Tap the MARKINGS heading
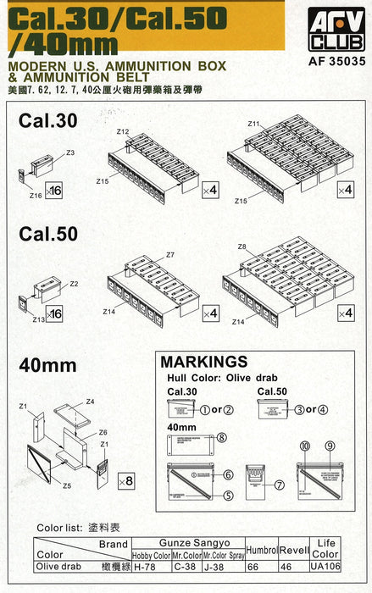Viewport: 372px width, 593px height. [x=204, y=362]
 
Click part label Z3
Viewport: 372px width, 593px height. [x=70, y=152]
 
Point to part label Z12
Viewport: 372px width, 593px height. [x=123, y=132]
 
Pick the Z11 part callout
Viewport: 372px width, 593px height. [x=253, y=125]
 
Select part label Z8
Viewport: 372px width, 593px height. [x=242, y=247]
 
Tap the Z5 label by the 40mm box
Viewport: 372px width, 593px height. [x=66, y=485]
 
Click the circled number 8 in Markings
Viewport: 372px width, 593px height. [x=221, y=438]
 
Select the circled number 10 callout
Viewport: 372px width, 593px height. [x=303, y=445]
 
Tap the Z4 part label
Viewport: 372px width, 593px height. [x=90, y=401]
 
